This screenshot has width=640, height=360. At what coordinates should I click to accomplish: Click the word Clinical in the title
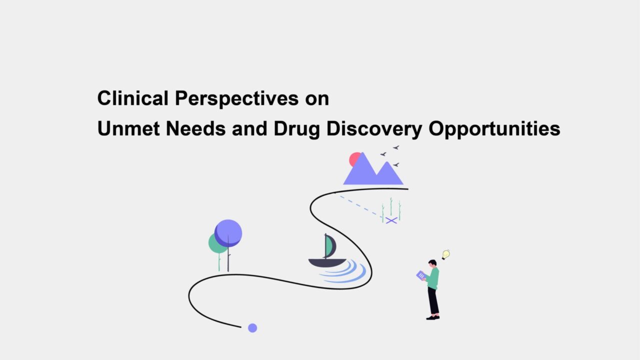tap(133, 98)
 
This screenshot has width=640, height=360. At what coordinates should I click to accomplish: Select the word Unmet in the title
tap(128, 128)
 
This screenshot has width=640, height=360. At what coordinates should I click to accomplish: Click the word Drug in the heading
tap(297, 130)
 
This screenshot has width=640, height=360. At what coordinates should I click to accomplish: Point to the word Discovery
tap(374, 130)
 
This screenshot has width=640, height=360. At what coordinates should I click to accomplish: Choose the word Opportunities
tap(494, 130)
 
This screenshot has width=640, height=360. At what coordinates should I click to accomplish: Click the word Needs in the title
tap(195, 128)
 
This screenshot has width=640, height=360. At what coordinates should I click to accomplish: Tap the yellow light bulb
tap(445, 254)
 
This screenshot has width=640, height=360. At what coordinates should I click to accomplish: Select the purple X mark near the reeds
tap(391, 220)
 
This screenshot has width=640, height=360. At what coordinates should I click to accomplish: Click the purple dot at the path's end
tap(252, 328)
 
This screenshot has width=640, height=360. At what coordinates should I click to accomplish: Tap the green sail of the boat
tap(328, 246)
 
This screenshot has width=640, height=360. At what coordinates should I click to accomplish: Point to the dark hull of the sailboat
tap(327, 263)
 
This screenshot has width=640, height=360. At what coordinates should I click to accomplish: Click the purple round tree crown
tap(228, 233)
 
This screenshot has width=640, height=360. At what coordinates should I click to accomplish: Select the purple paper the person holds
tap(421, 275)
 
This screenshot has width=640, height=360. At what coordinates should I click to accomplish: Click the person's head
tap(432, 263)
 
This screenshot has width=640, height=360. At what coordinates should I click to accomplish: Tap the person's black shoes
tap(433, 317)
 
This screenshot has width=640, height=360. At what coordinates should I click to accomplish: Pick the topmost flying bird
tap(396, 147)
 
